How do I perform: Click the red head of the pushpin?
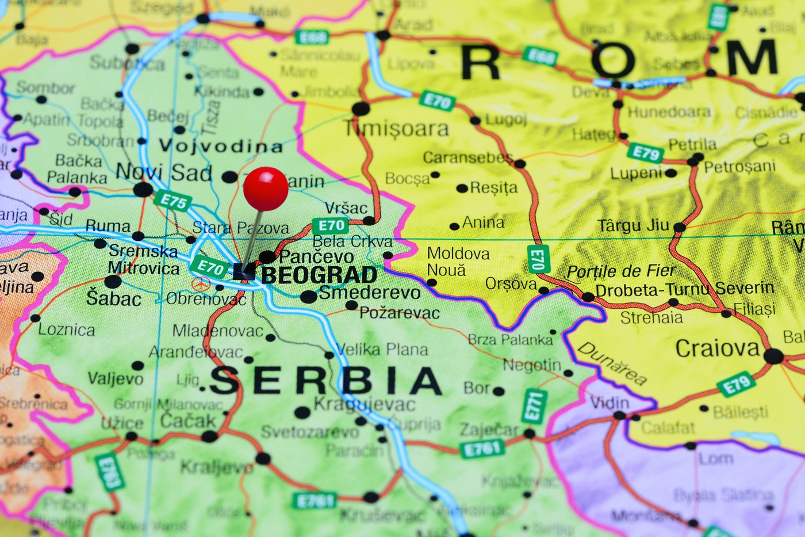click(x=266, y=189)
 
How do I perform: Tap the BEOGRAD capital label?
click(x=320, y=275)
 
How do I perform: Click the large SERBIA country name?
click(x=325, y=381)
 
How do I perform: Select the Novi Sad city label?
click(x=164, y=172)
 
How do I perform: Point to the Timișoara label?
click(x=397, y=129)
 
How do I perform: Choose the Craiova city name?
click(x=718, y=348)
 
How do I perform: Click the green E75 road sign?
click(x=173, y=201)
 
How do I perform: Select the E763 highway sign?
click(x=110, y=472)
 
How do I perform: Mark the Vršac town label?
click(x=346, y=208)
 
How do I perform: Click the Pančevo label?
click(x=317, y=256)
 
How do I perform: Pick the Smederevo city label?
click(x=370, y=293)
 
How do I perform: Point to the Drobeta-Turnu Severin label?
click(x=684, y=289)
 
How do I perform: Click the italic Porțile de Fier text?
click(x=621, y=271)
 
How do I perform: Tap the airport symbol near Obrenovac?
click(x=201, y=284)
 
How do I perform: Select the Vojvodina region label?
click(x=221, y=147)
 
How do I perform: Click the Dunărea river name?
click(x=612, y=363)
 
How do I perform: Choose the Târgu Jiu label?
click(x=633, y=225)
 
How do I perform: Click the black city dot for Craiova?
click(x=773, y=356)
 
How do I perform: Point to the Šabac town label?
click(x=114, y=298)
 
